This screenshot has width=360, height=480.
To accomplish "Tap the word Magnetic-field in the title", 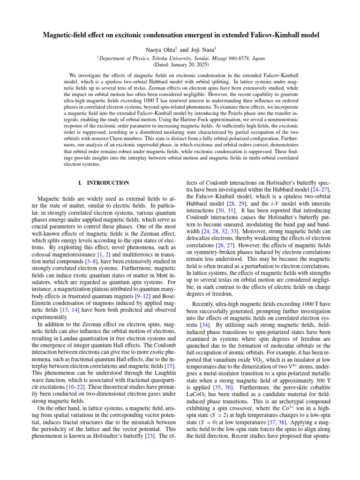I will tap(63, 35).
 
